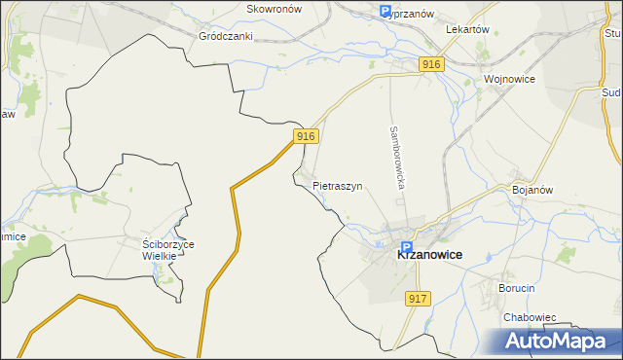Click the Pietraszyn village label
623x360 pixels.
pos(338,185)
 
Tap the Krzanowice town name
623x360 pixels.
pos(429,254)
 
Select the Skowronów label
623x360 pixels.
pos(275,9)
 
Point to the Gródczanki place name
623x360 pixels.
pos(226,36)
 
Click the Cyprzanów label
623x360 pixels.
pos(409,14)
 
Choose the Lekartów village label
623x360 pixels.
pos(467,30)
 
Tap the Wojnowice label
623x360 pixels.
pos(511,78)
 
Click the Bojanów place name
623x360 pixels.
pos(532,191)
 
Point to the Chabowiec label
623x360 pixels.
pos(530,317)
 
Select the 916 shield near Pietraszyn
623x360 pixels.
pos(306,137)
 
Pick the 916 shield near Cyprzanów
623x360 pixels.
pos(433,63)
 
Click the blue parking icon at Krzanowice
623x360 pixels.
pos(407,248)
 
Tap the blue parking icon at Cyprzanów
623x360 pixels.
pos(385,12)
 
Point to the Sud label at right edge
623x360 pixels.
pos(612,92)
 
